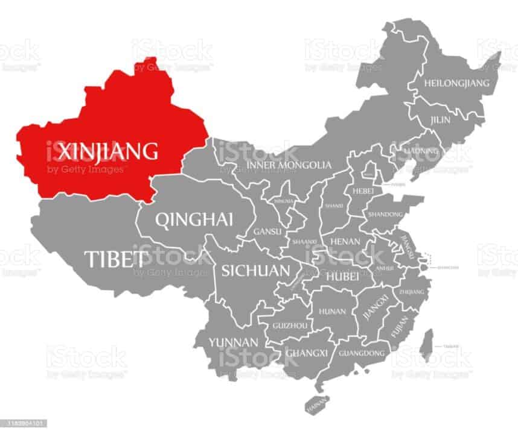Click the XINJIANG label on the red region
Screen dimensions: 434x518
coord(103,150)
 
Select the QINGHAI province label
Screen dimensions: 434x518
coord(194,220)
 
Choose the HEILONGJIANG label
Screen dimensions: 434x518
coord(458,83)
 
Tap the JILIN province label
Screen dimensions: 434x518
coord(440,120)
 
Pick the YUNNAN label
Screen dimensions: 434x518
coord(234,342)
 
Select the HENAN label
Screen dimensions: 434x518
coord(345,241)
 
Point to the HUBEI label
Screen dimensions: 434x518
coord(343,276)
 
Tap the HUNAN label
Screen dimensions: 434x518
coord(332,312)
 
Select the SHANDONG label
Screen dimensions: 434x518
coord(385,215)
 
